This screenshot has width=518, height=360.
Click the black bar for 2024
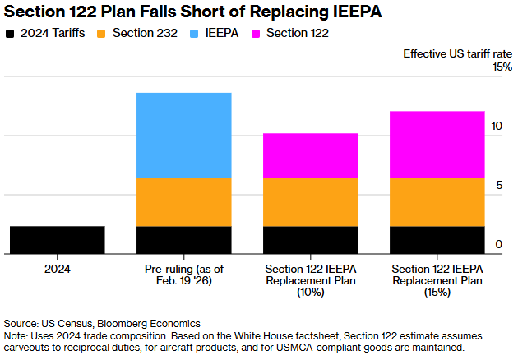(58, 240)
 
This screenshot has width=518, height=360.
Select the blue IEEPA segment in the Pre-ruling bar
(184, 135)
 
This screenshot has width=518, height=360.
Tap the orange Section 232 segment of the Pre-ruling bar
(184, 201)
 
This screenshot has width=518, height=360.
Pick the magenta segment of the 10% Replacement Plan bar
(311, 155)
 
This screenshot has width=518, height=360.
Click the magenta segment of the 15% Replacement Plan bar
(437, 144)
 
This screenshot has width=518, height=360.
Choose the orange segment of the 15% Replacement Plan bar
(437, 201)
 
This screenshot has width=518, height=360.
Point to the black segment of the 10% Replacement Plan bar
(311, 240)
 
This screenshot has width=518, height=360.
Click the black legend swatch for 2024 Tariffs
(10, 34)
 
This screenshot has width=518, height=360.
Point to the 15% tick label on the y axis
(502, 67)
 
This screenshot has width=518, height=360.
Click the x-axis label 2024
(58, 269)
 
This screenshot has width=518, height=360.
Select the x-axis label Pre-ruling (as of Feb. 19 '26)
(184, 275)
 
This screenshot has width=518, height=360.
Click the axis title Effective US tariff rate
(457, 53)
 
